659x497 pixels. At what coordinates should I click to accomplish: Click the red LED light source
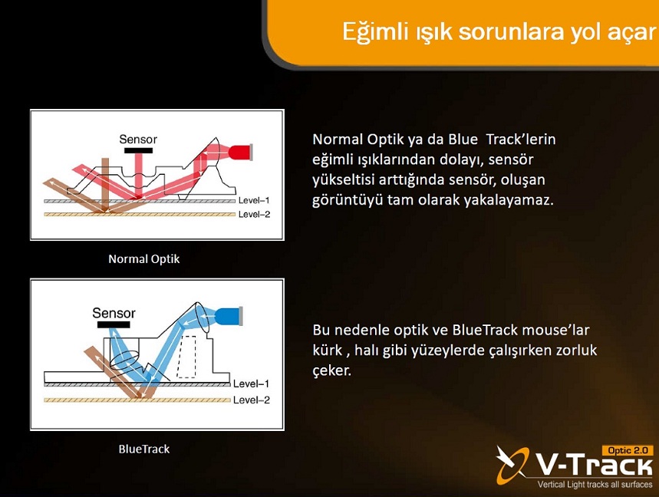[240, 152]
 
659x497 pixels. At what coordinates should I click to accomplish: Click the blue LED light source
[229, 316]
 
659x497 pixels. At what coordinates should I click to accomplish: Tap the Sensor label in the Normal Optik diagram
[138, 139]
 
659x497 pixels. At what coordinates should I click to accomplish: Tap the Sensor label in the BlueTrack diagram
[114, 313]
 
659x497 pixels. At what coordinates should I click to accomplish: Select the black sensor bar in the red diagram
[138, 150]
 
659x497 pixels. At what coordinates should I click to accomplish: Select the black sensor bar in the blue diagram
[114, 324]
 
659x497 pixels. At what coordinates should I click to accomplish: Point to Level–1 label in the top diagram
[254, 200]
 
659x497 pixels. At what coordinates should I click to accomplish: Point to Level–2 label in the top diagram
[254, 214]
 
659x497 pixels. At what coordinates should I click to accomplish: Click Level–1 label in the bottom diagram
[251, 383]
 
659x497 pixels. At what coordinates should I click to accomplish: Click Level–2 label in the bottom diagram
[251, 400]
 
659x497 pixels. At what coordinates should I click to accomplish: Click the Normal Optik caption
[143, 258]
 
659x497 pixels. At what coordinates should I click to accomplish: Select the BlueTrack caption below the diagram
[143, 449]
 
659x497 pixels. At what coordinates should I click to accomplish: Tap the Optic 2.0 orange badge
[628, 450]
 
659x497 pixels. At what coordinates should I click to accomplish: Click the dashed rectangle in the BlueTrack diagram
[186, 357]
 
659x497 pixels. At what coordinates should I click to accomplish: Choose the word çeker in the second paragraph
[331, 370]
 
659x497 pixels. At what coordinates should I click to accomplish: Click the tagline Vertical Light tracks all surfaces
[595, 485]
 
